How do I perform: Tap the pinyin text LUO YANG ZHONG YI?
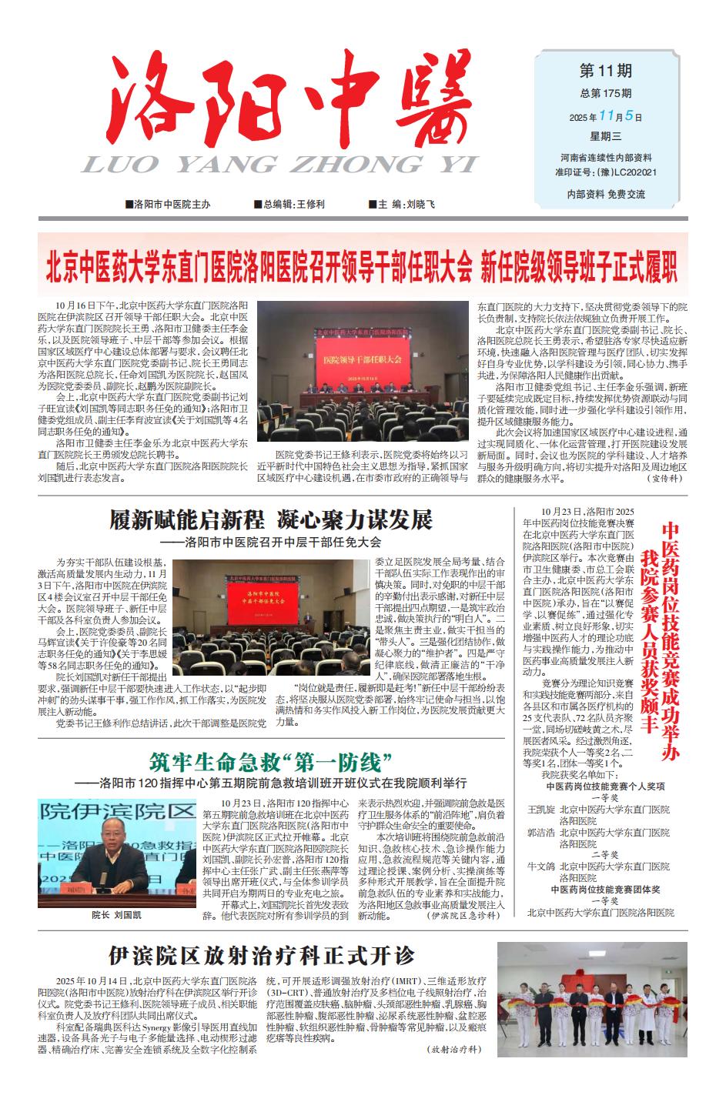click(278, 165)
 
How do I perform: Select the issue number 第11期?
click(605, 72)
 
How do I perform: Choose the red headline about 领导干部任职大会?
click(362, 265)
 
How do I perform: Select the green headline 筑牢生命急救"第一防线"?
click(272, 764)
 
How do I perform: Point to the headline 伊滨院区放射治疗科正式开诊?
click(262, 956)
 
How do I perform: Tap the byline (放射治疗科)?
click(453, 1049)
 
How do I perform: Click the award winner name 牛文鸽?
click(540, 866)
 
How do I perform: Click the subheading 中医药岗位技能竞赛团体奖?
click(604, 889)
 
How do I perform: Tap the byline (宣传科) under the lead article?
click(664, 478)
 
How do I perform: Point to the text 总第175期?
click(605, 94)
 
